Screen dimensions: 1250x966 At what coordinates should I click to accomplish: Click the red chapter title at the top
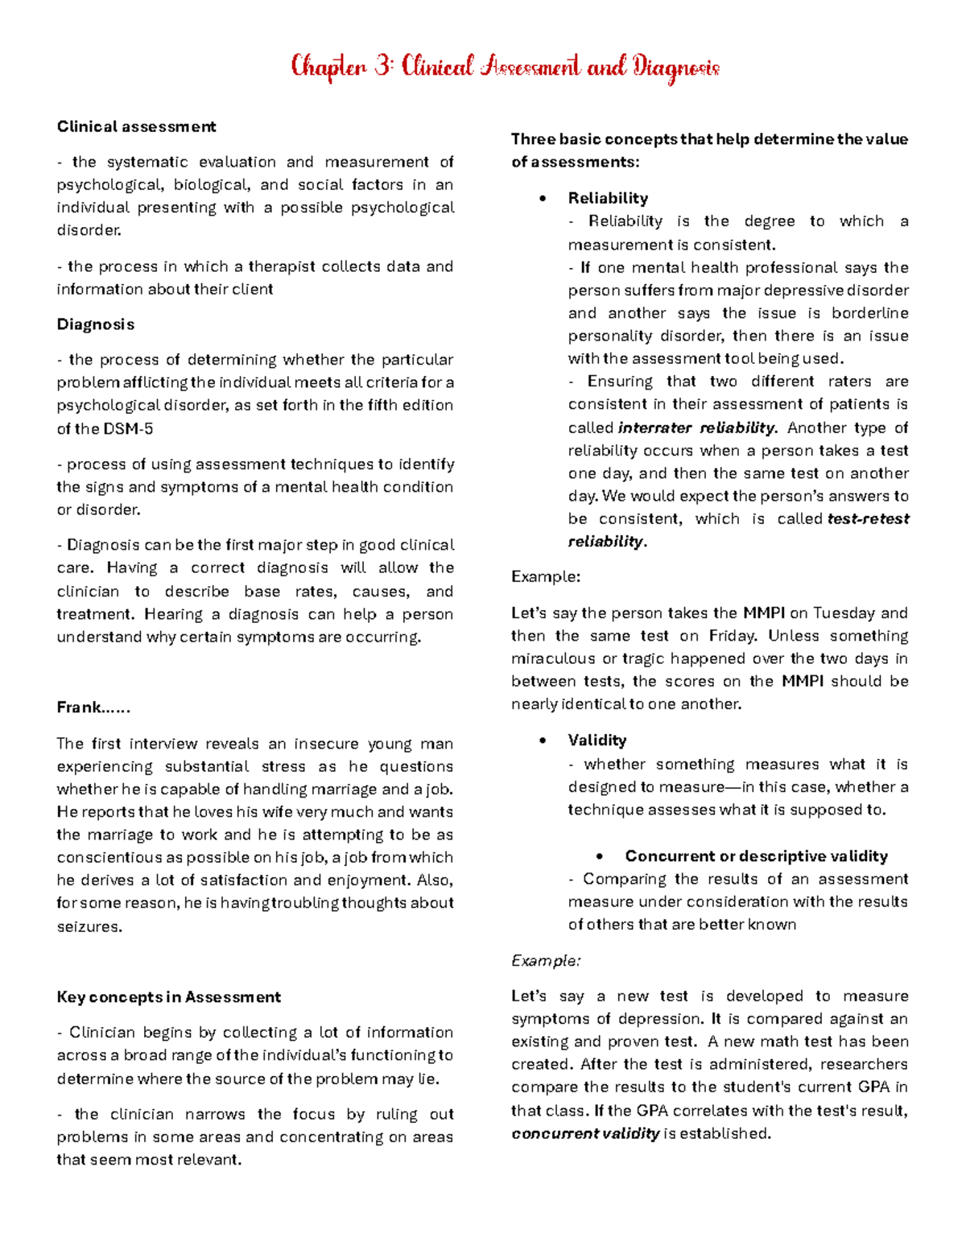click(x=505, y=67)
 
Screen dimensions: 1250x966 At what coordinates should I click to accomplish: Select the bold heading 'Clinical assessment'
click(x=136, y=126)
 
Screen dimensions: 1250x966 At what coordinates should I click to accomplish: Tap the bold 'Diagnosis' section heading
click(x=95, y=324)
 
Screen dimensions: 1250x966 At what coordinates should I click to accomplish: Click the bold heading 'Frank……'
click(x=93, y=708)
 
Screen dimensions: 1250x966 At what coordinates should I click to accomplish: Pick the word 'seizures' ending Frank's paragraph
click(x=89, y=926)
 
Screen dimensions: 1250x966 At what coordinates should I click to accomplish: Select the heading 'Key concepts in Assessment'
click(x=168, y=997)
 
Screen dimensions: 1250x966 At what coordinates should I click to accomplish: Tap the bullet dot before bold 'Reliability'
click(x=543, y=199)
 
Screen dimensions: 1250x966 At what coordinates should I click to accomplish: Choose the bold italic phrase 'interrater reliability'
click(x=696, y=428)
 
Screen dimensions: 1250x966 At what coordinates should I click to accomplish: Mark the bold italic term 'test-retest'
click(x=869, y=519)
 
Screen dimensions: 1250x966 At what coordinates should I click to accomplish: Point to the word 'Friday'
click(x=733, y=636)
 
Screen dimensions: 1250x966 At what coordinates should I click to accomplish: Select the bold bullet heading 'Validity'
click(x=597, y=741)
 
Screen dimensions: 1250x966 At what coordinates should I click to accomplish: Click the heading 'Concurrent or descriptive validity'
click(x=756, y=856)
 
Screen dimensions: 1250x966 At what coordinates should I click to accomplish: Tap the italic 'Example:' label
click(x=546, y=961)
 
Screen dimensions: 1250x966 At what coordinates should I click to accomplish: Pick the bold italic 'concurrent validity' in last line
click(x=585, y=1134)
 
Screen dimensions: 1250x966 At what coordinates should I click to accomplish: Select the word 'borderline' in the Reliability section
click(x=869, y=313)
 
